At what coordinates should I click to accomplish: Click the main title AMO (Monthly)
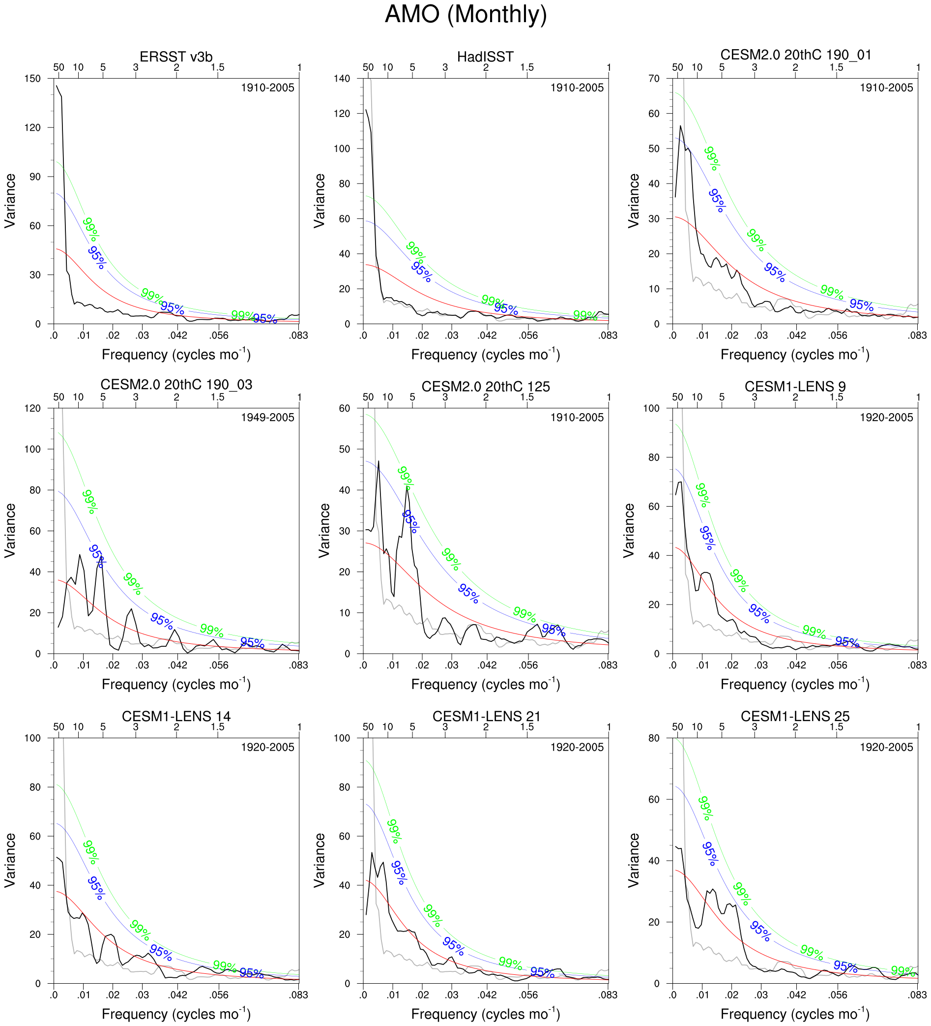click(x=465, y=14)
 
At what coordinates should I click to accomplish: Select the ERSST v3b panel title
click(x=176, y=57)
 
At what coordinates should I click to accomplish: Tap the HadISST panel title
click(x=485, y=57)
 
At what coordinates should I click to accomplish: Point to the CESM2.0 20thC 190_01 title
click(x=796, y=55)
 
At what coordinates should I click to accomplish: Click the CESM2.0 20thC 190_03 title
click(x=176, y=384)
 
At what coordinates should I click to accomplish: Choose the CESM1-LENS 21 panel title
click(x=486, y=716)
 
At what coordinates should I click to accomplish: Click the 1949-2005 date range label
click(x=267, y=417)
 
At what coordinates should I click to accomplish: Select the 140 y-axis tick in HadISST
click(x=342, y=78)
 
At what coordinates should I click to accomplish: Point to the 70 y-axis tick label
click(x=654, y=78)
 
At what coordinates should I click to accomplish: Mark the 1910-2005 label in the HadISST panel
click(x=577, y=88)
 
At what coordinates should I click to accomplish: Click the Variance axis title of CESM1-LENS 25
click(x=633, y=860)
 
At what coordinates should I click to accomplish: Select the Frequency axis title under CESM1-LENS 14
click(x=176, y=1013)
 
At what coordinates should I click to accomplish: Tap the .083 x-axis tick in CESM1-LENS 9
click(x=918, y=665)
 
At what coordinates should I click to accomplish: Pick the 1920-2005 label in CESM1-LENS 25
click(x=886, y=747)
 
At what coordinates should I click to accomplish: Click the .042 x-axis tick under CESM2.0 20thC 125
click(x=487, y=665)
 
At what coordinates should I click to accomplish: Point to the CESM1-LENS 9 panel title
click(x=796, y=386)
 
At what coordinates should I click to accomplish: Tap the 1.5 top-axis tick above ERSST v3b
click(x=217, y=67)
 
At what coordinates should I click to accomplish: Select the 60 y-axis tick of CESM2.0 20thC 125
click(x=345, y=408)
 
